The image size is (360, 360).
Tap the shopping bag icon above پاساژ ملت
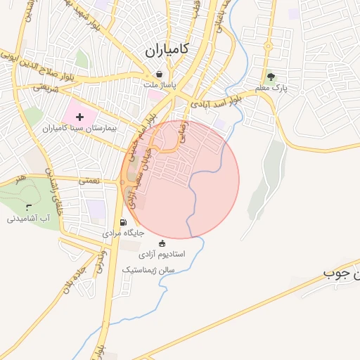coord(160,74)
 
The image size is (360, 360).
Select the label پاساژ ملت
coord(159,85)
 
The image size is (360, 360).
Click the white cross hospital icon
coord(79,116)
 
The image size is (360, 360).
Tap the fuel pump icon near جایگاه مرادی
coord(124,223)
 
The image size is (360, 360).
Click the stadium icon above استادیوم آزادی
coord(162,243)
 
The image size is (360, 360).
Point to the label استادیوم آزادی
coord(161,253)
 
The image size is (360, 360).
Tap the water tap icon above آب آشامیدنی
coord(28,207)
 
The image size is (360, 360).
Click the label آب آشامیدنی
coord(28,219)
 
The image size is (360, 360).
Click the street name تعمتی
coord(90,181)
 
